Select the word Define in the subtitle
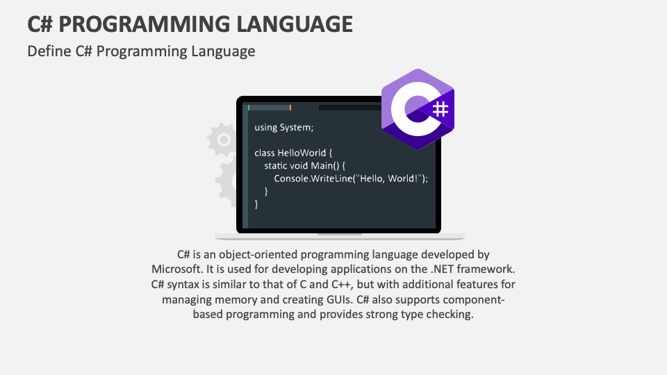47,51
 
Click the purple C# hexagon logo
418,109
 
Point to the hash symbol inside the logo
439,110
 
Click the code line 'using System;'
284,127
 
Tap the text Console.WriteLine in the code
313,178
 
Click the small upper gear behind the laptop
222,140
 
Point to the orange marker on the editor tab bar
290,108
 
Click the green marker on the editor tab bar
249,108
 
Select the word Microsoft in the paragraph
175,269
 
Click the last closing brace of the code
256,203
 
